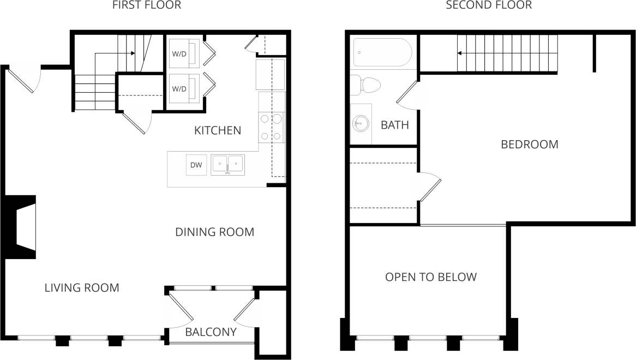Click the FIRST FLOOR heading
pyautogui.click(x=146, y=5)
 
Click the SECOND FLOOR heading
pyautogui.click(x=489, y=5)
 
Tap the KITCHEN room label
pyautogui.click(x=218, y=130)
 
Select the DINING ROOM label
pyautogui.click(x=214, y=232)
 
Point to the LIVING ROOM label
pyautogui.click(x=82, y=287)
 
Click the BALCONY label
pyautogui.click(x=211, y=332)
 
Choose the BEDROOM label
pyautogui.click(x=529, y=145)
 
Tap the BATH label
pyautogui.click(x=394, y=125)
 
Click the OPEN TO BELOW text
pyautogui.click(x=431, y=277)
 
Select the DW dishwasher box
pyautogui.click(x=196, y=165)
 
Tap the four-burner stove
pyautogui.click(x=272, y=127)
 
